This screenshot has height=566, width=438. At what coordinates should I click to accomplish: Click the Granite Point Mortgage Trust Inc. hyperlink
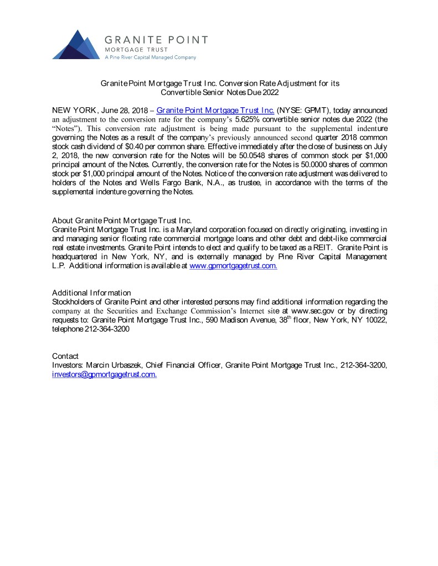[215, 111]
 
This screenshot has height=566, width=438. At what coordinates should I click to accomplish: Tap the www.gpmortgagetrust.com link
[233, 266]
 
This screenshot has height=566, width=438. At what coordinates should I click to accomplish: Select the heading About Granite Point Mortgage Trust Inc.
[122, 221]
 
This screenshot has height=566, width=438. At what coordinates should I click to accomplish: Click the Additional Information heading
[91, 292]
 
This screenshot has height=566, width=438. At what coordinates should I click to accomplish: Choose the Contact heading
[65, 356]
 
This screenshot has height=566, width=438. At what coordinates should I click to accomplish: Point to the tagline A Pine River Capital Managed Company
[150, 57]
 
